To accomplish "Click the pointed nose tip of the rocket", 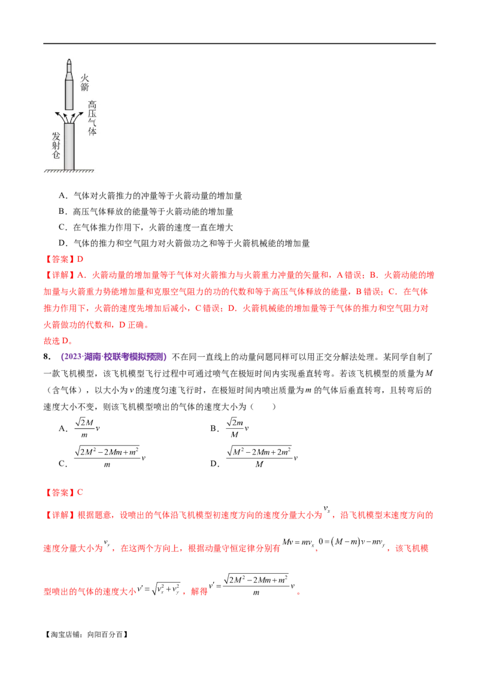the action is tap(69, 59).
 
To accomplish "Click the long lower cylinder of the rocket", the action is tap(69, 94).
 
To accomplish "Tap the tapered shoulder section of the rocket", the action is tap(69, 75).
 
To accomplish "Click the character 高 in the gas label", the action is tap(92, 104).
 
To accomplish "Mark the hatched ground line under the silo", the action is tap(69, 172).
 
